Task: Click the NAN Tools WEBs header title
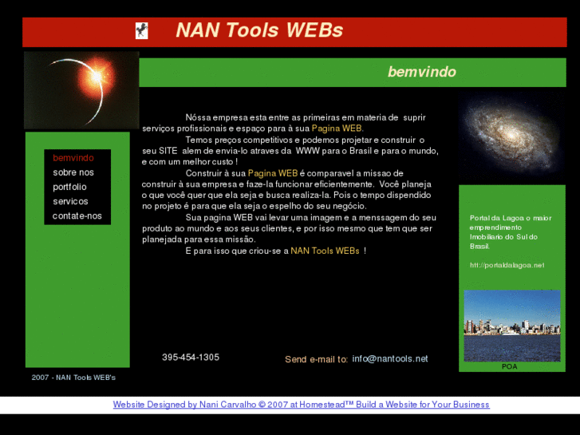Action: pos(259,31)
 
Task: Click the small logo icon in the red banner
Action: pos(142,31)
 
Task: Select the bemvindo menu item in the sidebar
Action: pos(73,158)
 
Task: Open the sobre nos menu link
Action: pos(73,172)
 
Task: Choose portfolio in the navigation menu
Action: pos(70,187)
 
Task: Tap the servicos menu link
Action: pos(71,201)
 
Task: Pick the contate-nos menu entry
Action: pos(77,216)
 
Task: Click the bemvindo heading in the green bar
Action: pos(421,72)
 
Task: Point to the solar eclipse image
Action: pos(81,89)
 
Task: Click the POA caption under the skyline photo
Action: pos(510,366)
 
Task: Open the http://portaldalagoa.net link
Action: pos(507,265)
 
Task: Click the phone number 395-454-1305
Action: pos(191,358)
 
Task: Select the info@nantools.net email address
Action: pos(390,358)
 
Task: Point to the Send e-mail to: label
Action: pos(316,359)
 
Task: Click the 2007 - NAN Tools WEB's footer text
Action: pos(73,377)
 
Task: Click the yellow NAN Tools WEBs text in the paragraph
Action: pos(325,251)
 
